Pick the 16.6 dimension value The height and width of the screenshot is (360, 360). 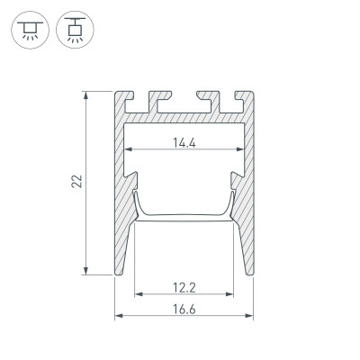pyautogui.click(x=184, y=308)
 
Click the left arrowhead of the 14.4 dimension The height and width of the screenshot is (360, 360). pyautogui.click(x=128, y=149)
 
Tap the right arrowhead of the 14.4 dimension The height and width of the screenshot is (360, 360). pyautogui.click(x=240, y=149)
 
